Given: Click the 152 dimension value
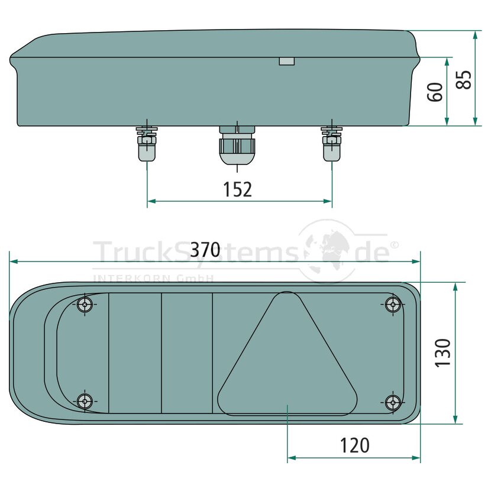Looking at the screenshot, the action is [x=237, y=189].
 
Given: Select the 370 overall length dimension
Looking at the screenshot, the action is [x=205, y=250].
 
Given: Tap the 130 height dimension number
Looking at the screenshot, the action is [x=442, y=353].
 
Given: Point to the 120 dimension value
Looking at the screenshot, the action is [x=354, y=445].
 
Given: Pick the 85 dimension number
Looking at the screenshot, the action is [x=463, y=79].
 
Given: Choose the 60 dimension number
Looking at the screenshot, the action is [x=435, y=92].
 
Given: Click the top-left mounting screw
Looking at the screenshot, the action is [x=85, y=303].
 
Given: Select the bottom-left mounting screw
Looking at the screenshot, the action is [x=85, y=401].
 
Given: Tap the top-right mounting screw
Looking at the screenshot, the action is [x=393, y=303].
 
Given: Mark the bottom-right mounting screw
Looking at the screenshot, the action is [x=393, y=402].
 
